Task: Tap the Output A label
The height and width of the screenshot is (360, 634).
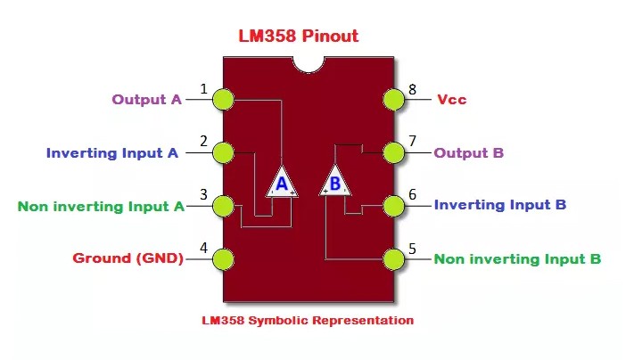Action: click(x=146, y=99)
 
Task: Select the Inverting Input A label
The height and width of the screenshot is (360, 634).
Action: click(x=111, y=152)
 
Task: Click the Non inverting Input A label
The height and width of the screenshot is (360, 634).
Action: click(x=101, y=206)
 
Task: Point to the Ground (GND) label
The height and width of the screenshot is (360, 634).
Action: click(x=128, y=258)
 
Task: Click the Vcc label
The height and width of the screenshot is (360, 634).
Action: click(x=452, y=99)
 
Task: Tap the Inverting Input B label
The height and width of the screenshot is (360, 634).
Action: click(x=499, y=205)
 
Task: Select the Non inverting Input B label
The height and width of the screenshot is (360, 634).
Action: click(x=517, y=259)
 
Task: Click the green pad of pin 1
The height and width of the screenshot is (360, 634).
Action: click(x=223, y=99)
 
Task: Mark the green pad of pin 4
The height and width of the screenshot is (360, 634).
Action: click(x=223, y=259)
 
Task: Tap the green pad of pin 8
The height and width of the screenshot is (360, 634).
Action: click(x=393, y=99)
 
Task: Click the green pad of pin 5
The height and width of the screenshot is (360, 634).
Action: click(x=393, y=259)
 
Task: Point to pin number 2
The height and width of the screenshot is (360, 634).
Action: click(x=204, y=141)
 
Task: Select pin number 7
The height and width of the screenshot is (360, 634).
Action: click(x=412, y=141)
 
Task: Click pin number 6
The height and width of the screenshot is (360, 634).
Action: click(x=412, y=194)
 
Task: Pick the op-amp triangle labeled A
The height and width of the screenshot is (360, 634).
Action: click(x=282, y=182)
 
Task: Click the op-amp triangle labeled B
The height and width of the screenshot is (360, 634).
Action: click(x=334, y=182)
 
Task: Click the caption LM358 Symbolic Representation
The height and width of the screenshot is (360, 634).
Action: click(x=308, y=320)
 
